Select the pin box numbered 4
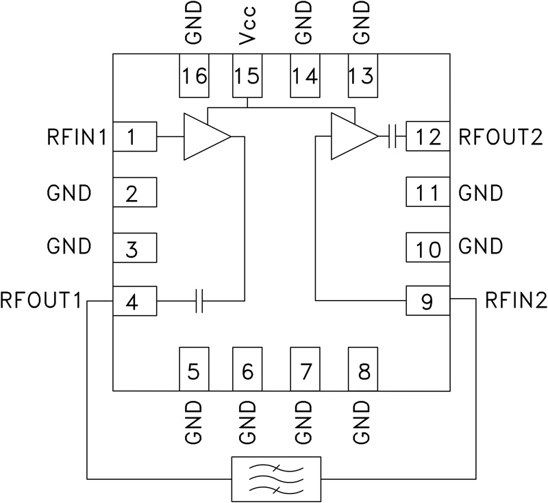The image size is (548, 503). [x=134, y=301]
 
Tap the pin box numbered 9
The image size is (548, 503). [x=427, y=301]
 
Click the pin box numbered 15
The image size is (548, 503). [x=247, y=75]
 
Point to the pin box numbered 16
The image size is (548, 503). [x=195, y=75]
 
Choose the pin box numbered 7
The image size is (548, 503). [x=306, y=371]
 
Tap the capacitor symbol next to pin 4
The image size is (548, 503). [x=199, y=301]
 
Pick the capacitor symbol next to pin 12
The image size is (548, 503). [x=393, y=137]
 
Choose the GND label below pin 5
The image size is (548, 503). [x=195, y=421]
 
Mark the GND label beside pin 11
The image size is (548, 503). [x=481, y=193]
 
